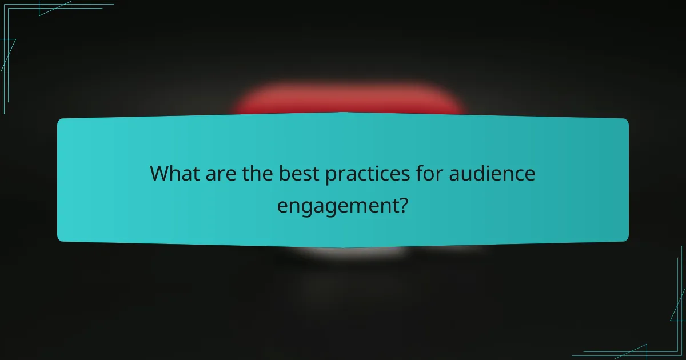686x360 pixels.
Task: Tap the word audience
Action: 492,173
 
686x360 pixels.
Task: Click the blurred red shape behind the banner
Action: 349,100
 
